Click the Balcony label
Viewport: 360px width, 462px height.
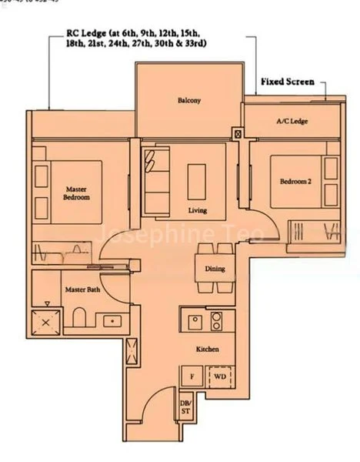189,100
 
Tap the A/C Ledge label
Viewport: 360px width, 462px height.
292,122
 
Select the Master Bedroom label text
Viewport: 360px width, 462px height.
77,193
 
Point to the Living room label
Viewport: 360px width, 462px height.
199,209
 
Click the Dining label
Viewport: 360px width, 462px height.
215,269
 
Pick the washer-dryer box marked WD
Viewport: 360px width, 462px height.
219,377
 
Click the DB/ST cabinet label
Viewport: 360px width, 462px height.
185,407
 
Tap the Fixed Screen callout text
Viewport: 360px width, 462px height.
288,80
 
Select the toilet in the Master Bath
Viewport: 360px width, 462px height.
80,318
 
